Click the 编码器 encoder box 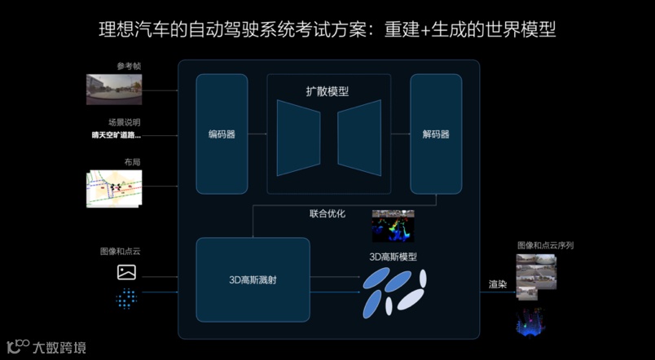pos(222,134)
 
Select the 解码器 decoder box pos(436,134)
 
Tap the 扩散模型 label pos(328,91)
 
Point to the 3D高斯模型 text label pos(393,257)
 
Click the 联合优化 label pos(327,213)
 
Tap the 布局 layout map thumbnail pos(114,189)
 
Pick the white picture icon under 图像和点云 pos(126,272)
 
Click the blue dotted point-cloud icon pos(126,299)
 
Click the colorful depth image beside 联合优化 pos(393,227)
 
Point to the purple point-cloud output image pos(530,320)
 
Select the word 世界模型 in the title pos(527,29)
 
